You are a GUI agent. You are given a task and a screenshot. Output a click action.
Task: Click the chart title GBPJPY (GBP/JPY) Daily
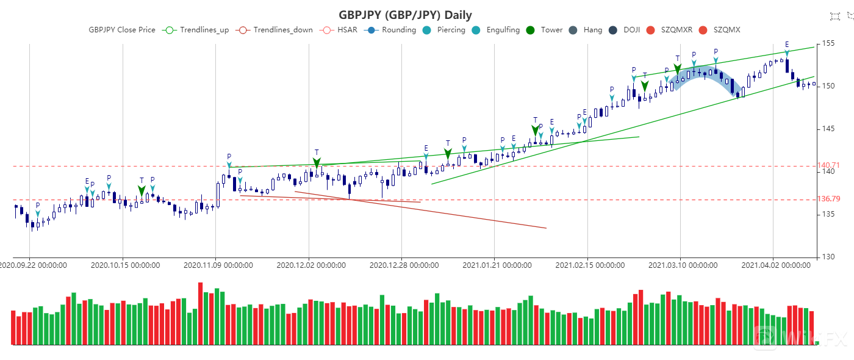pyautogui.click(x=405, y=15)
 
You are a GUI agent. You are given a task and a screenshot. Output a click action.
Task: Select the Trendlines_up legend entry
pyautogui.click(x=197, y=30)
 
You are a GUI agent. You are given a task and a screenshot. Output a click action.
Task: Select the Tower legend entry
pyautogui.click(x=544, y=30)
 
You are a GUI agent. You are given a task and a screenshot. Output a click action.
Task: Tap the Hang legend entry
pyautogui.click(x=586, y=30)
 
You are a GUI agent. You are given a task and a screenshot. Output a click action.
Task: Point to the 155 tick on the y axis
pyautogui.click(x=828, y=43)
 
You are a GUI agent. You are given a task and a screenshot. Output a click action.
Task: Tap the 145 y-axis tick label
pyautogui.click(x=828, y=129)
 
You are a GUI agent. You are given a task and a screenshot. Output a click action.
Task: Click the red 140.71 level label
pyautogui.click(x=828, y=165)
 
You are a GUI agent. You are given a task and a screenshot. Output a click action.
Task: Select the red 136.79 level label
pyautogui.click(x=828, y=199)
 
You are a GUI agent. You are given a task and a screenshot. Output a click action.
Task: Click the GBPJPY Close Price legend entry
pyautogui.click(x=122, y=30)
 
